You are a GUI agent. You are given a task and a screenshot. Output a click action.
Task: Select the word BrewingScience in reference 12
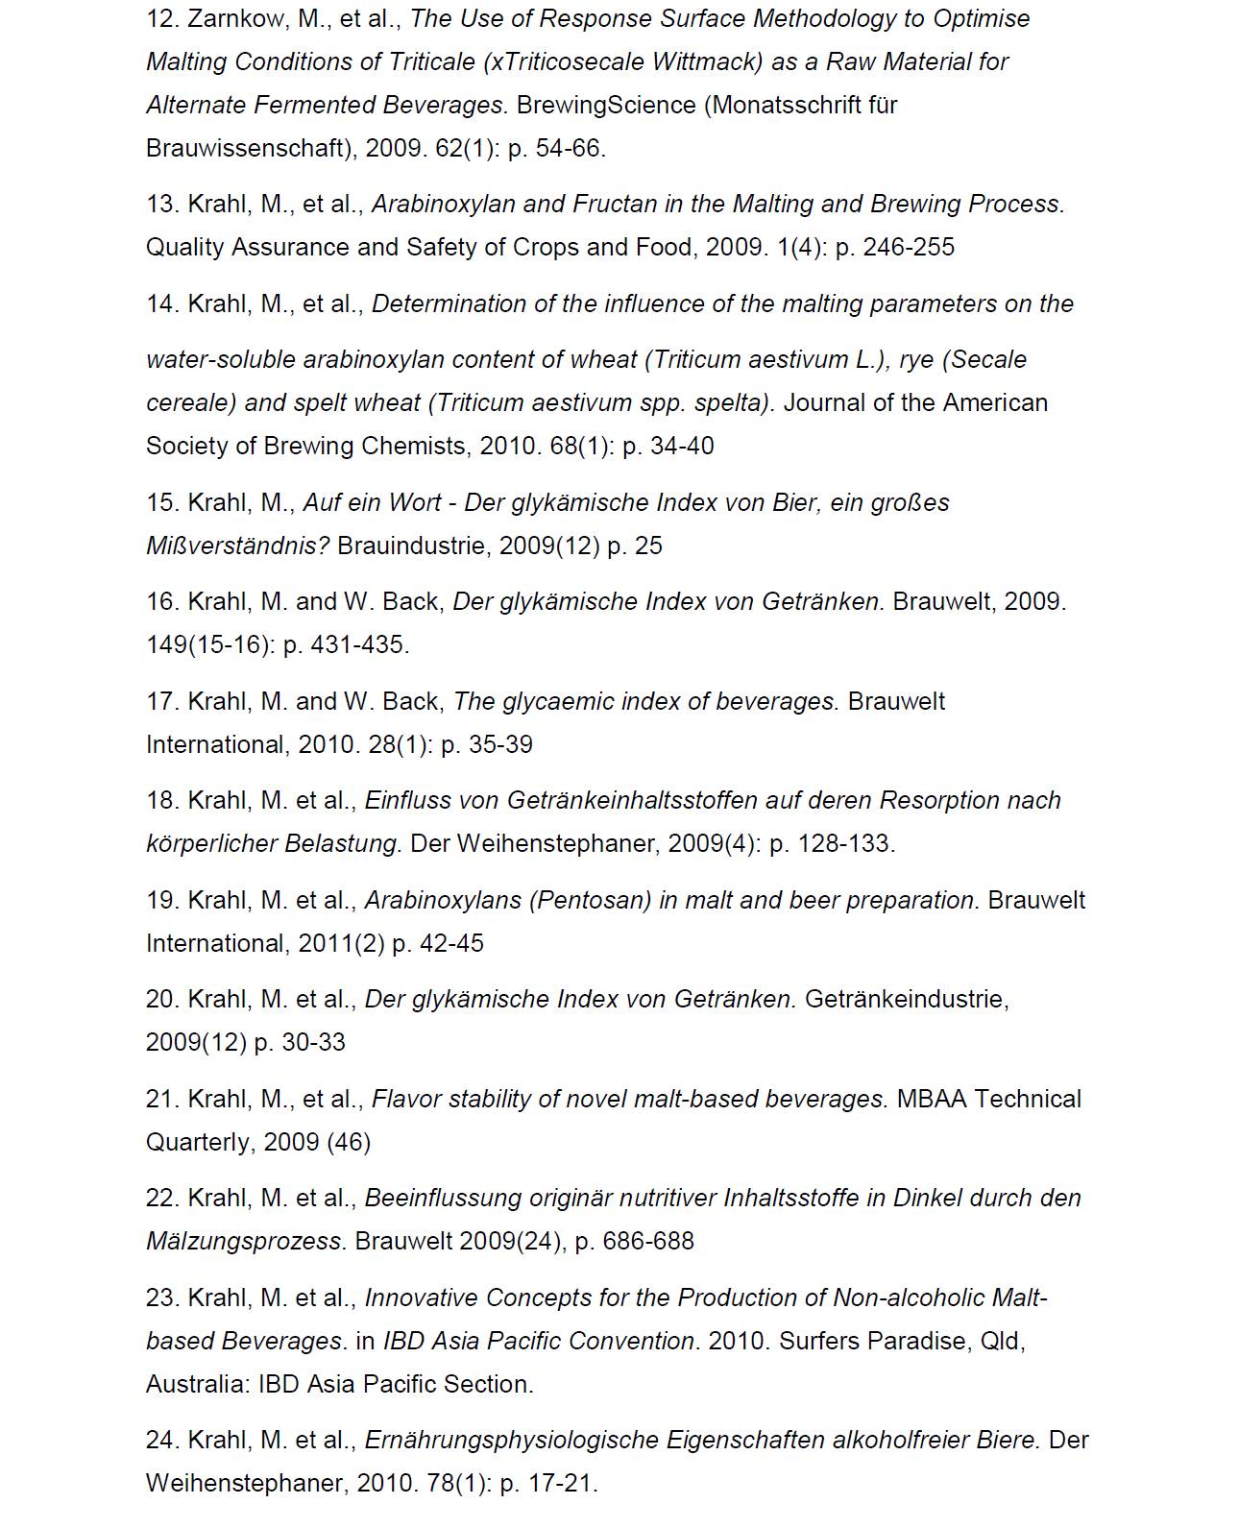606,105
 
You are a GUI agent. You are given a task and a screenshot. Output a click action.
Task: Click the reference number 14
162,303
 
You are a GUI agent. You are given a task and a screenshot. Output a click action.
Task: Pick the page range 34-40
682,446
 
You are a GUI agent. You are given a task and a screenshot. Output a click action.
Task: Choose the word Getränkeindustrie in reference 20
907,999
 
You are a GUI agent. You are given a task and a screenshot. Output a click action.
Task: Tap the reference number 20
162,999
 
